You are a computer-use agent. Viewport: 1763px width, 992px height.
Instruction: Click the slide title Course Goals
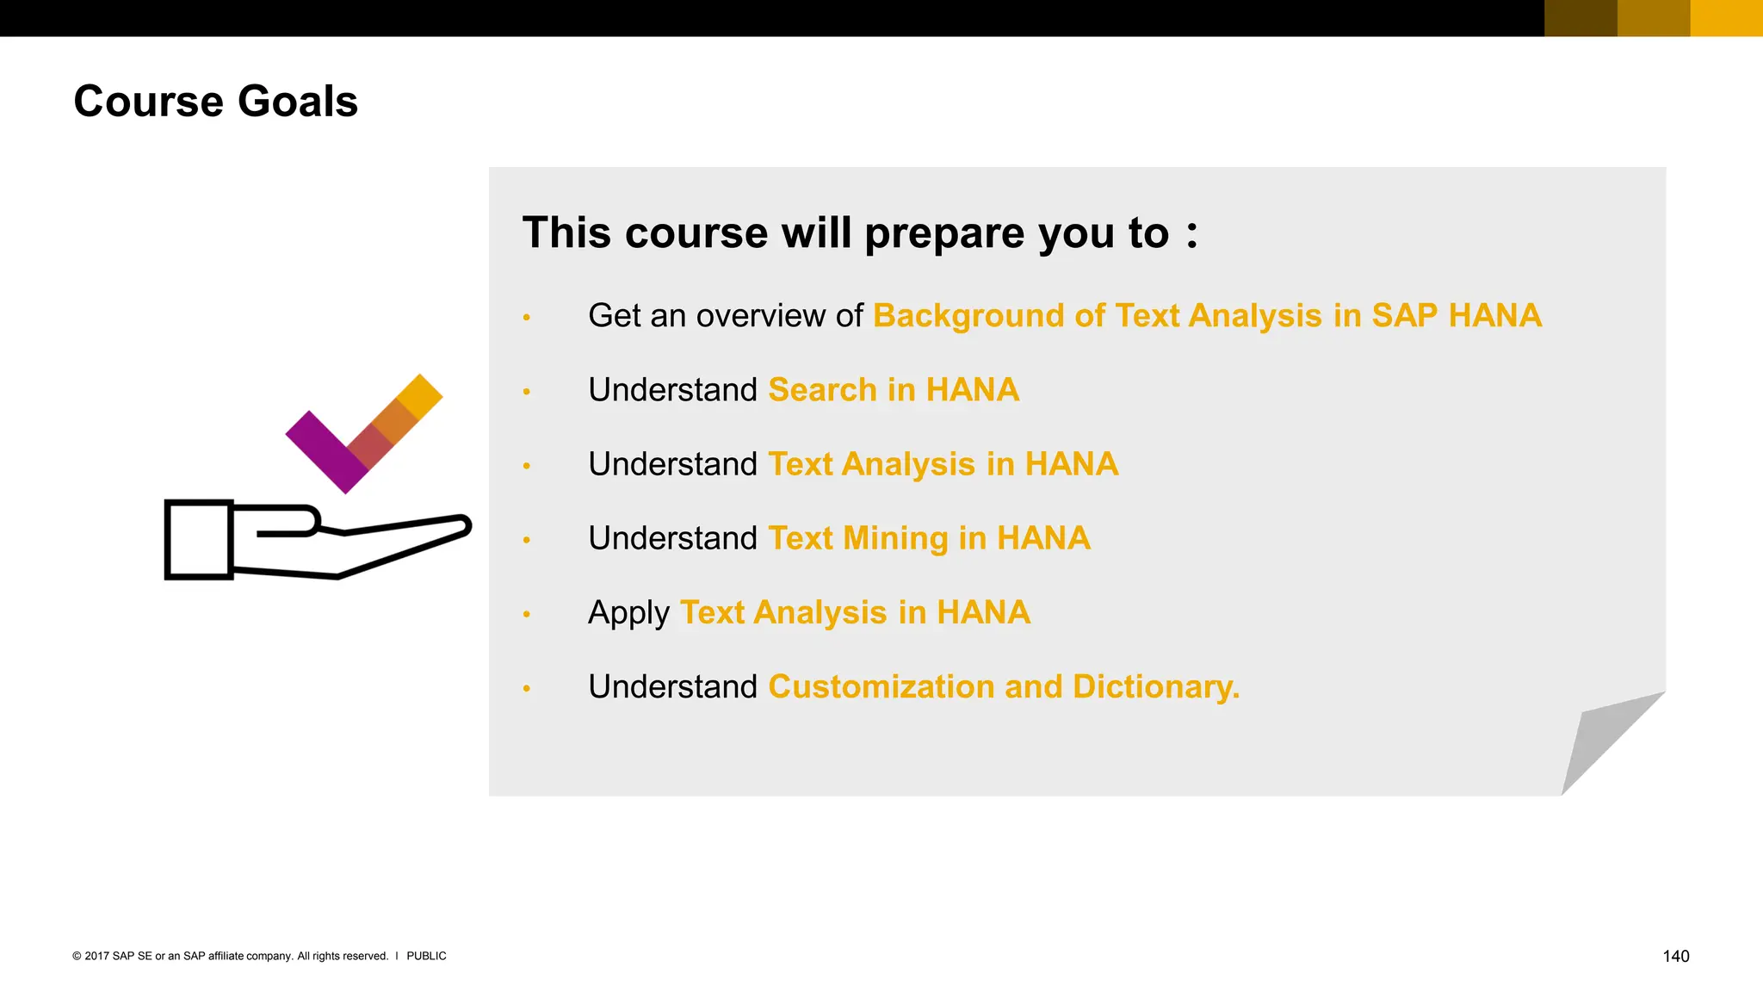215,102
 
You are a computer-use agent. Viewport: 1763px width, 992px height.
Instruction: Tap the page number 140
1675,956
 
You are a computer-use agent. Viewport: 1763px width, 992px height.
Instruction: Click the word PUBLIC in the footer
426,956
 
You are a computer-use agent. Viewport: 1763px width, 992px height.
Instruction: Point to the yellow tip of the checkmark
420,396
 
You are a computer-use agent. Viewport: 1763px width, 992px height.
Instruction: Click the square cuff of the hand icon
199,540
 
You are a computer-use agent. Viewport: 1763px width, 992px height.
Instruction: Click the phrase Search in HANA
894,390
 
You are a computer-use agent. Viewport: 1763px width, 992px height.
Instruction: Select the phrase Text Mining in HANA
929,538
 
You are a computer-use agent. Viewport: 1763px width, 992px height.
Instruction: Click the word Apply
628,613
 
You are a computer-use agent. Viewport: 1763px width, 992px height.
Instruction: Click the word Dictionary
1156,687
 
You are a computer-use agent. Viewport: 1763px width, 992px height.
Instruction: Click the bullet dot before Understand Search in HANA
527,392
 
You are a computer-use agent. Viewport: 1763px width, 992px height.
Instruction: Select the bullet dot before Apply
527,614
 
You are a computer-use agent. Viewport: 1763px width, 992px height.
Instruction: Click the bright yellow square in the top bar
1726,18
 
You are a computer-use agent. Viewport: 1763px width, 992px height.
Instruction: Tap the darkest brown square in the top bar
1581,18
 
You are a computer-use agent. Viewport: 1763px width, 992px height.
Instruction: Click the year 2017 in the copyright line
96,956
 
